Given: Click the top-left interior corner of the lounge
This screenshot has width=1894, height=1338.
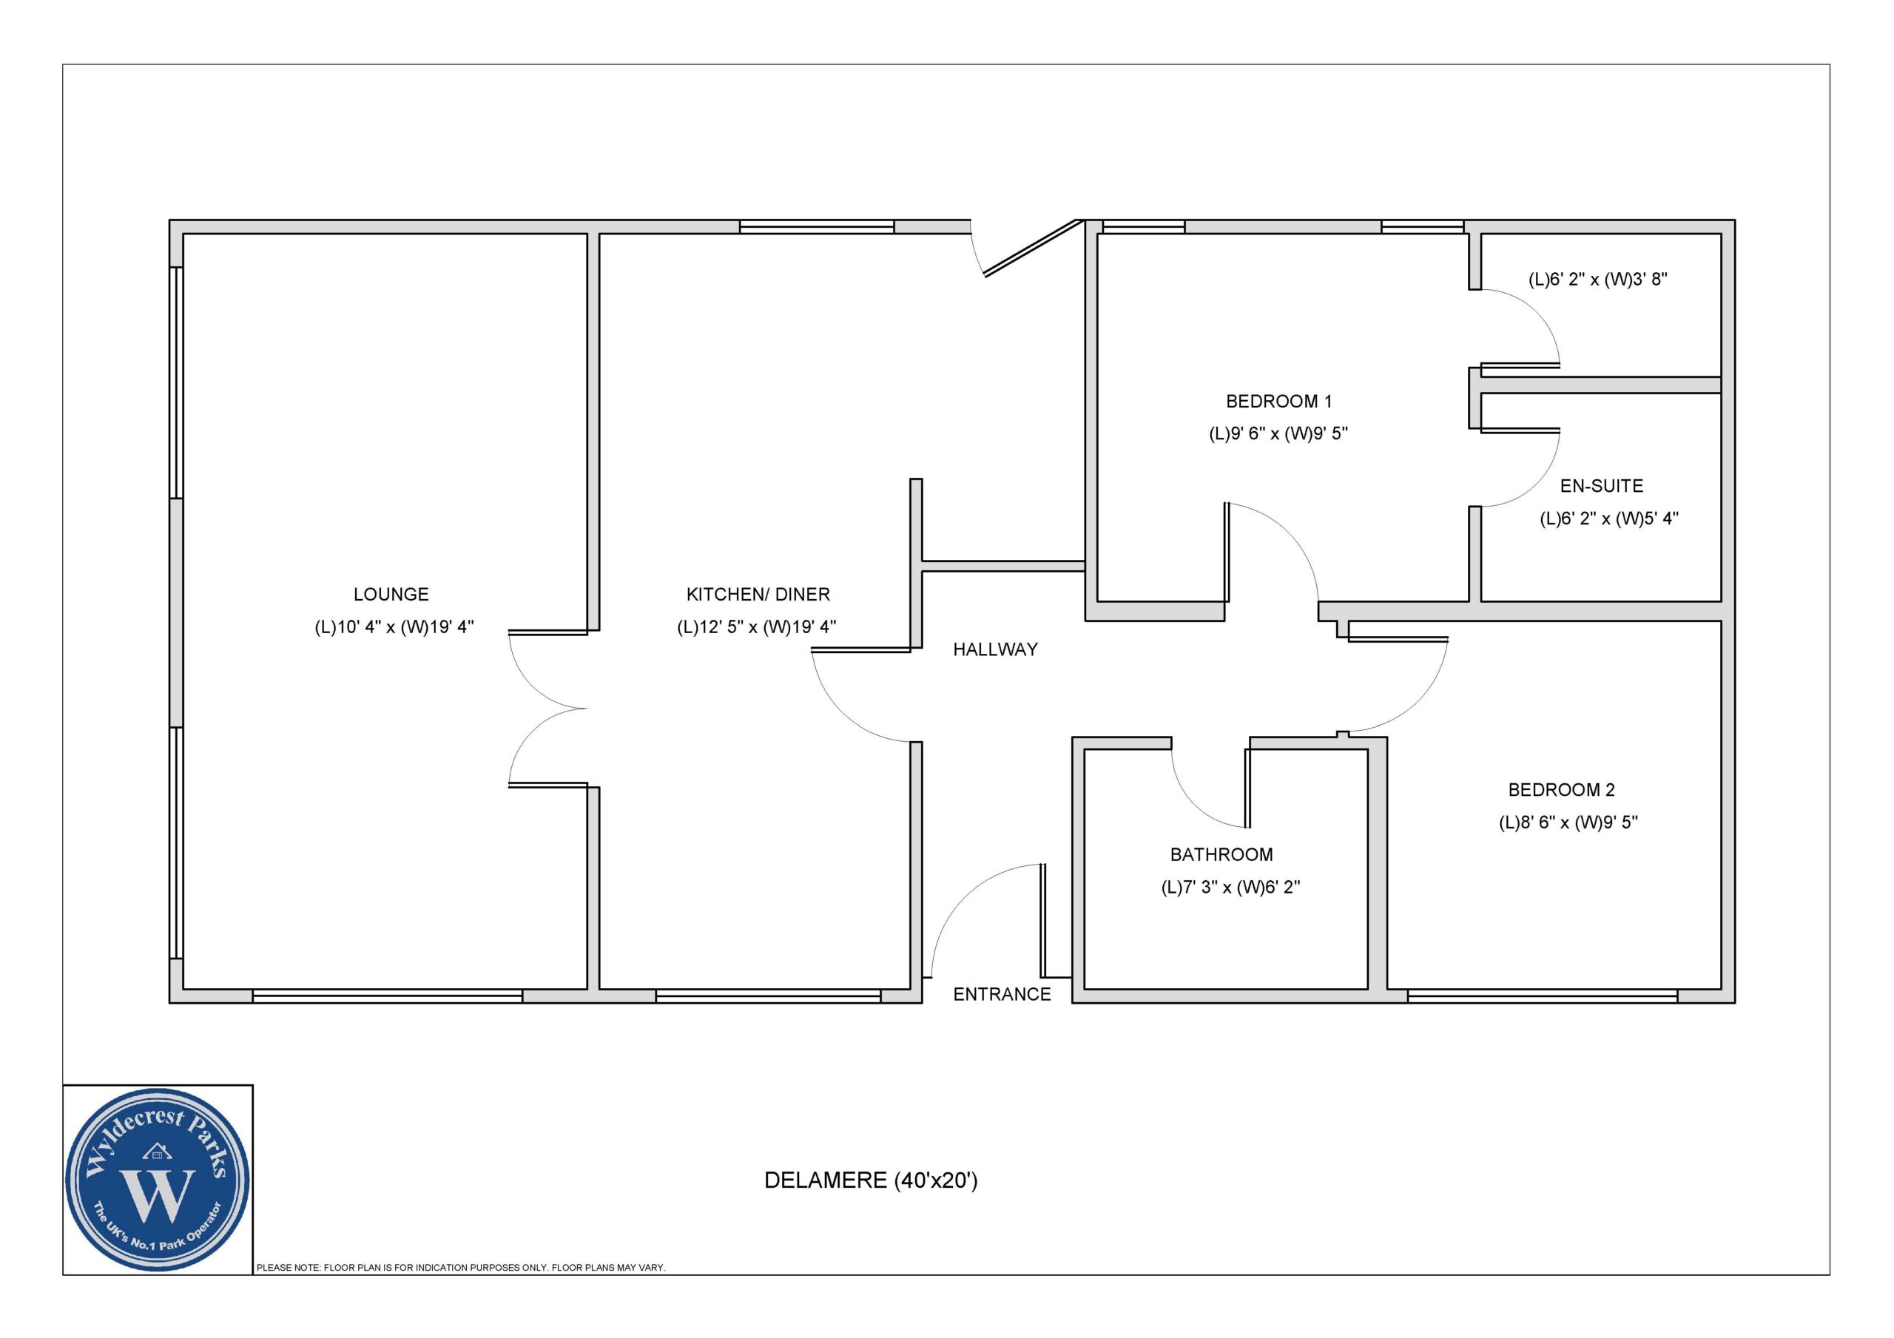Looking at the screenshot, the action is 183,234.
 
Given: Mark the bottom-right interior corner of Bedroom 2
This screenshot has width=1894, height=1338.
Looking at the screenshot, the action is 1721,988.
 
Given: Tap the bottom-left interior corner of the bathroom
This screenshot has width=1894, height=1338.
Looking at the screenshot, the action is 1084,988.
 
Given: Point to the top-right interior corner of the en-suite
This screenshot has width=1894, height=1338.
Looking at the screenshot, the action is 1721,393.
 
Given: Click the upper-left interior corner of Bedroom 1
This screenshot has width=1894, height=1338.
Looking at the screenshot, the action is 1097,234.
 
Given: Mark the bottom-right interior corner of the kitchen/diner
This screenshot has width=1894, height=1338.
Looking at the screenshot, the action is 911,988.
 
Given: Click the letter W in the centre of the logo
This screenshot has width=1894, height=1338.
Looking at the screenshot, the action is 158,1195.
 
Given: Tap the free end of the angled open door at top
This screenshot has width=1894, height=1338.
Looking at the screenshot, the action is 985,276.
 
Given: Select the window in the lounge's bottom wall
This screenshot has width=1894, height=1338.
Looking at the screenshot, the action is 387,996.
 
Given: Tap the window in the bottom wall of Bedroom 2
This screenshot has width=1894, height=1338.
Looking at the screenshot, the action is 1543,996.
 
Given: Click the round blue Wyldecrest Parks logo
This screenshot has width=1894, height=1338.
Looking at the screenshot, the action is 158,1180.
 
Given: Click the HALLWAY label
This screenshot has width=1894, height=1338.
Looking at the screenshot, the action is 995,650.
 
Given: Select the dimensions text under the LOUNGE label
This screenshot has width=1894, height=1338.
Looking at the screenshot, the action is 394,627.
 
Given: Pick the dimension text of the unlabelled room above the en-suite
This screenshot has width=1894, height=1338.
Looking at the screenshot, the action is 1598,280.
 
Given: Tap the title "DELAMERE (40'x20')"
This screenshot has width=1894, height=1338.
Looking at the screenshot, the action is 871,1180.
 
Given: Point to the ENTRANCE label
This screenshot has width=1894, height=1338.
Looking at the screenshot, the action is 1002,995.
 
